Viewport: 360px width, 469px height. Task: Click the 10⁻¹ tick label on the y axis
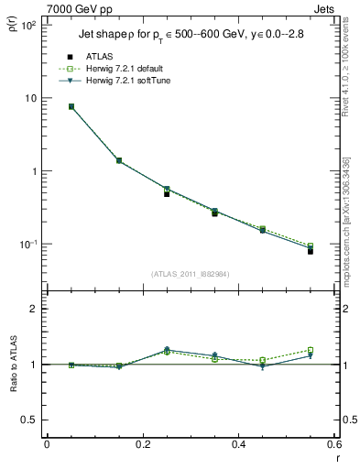27,245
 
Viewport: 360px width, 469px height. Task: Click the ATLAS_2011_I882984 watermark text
191,274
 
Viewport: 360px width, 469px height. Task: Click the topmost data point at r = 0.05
71,106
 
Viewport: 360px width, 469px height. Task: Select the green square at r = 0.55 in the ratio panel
311,350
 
